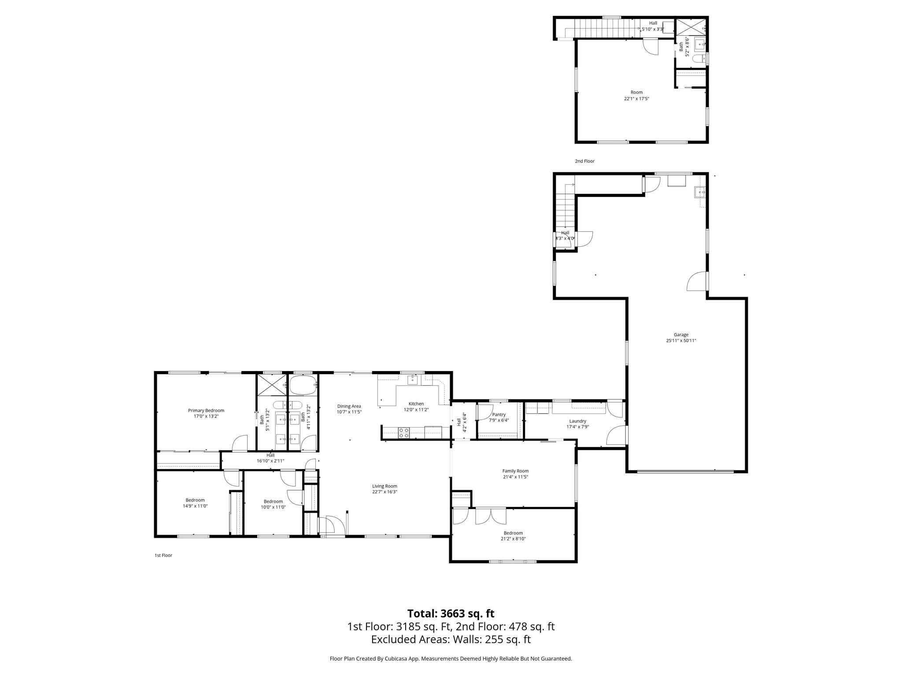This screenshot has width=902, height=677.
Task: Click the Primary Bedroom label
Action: (x=206, y=410)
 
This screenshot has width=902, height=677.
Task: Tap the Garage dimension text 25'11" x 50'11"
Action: (x=681, y=340)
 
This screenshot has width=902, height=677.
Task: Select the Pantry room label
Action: (x=499, y=414)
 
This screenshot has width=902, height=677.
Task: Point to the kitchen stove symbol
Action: (x=403, y=433)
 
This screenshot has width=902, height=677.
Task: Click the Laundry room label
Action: (x=577, y=421)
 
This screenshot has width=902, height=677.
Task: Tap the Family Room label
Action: (x=515, y=471)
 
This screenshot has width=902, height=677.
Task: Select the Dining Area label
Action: (x=349, y=406)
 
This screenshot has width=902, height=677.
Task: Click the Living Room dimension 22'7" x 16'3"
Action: (x=384, y=492)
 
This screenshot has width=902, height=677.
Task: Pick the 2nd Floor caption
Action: (x=584, y=161)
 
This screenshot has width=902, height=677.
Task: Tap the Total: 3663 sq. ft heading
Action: (x=451, y=614)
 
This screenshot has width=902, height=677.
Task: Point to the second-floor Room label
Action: (x=636, y=92)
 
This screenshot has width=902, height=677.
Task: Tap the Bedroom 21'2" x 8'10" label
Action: (x=513, y=533)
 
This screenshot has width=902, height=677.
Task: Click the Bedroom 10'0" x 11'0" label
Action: (x=273, y=501)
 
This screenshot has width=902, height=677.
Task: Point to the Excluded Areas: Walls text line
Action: (x=451, y=640)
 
